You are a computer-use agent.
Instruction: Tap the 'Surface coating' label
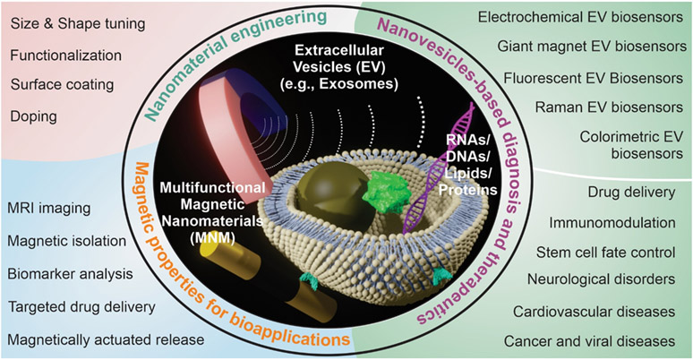[x=62, y=86]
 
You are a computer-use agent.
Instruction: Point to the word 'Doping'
[x=34, y=116]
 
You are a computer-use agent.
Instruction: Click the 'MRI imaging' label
[x=50, y=209]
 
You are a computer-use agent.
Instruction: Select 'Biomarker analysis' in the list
[x=71, y=273]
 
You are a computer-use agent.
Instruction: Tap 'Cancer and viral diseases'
[x=602, y=340]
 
